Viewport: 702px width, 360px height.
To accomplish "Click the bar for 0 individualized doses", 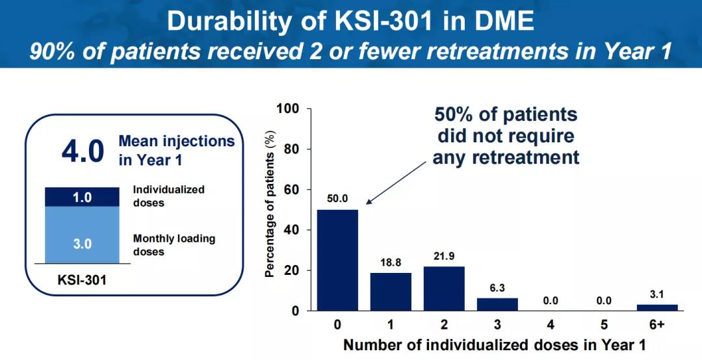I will [x=337, y=260].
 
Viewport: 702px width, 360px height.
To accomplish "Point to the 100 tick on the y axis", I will [x=288, y=109].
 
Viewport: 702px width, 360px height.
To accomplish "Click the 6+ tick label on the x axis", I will [x=656, y=324].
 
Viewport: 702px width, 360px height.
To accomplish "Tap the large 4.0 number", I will [x=83, y=151].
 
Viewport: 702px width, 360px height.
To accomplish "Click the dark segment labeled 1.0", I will [x=82, y=198].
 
